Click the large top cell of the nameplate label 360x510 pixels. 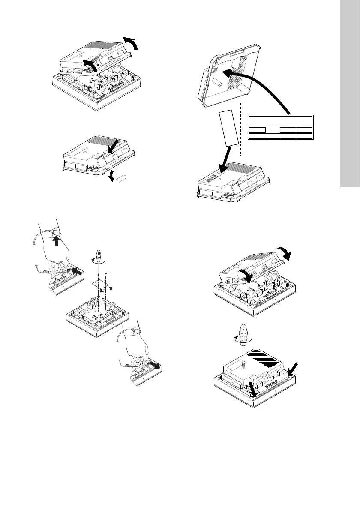coord(281,121)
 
